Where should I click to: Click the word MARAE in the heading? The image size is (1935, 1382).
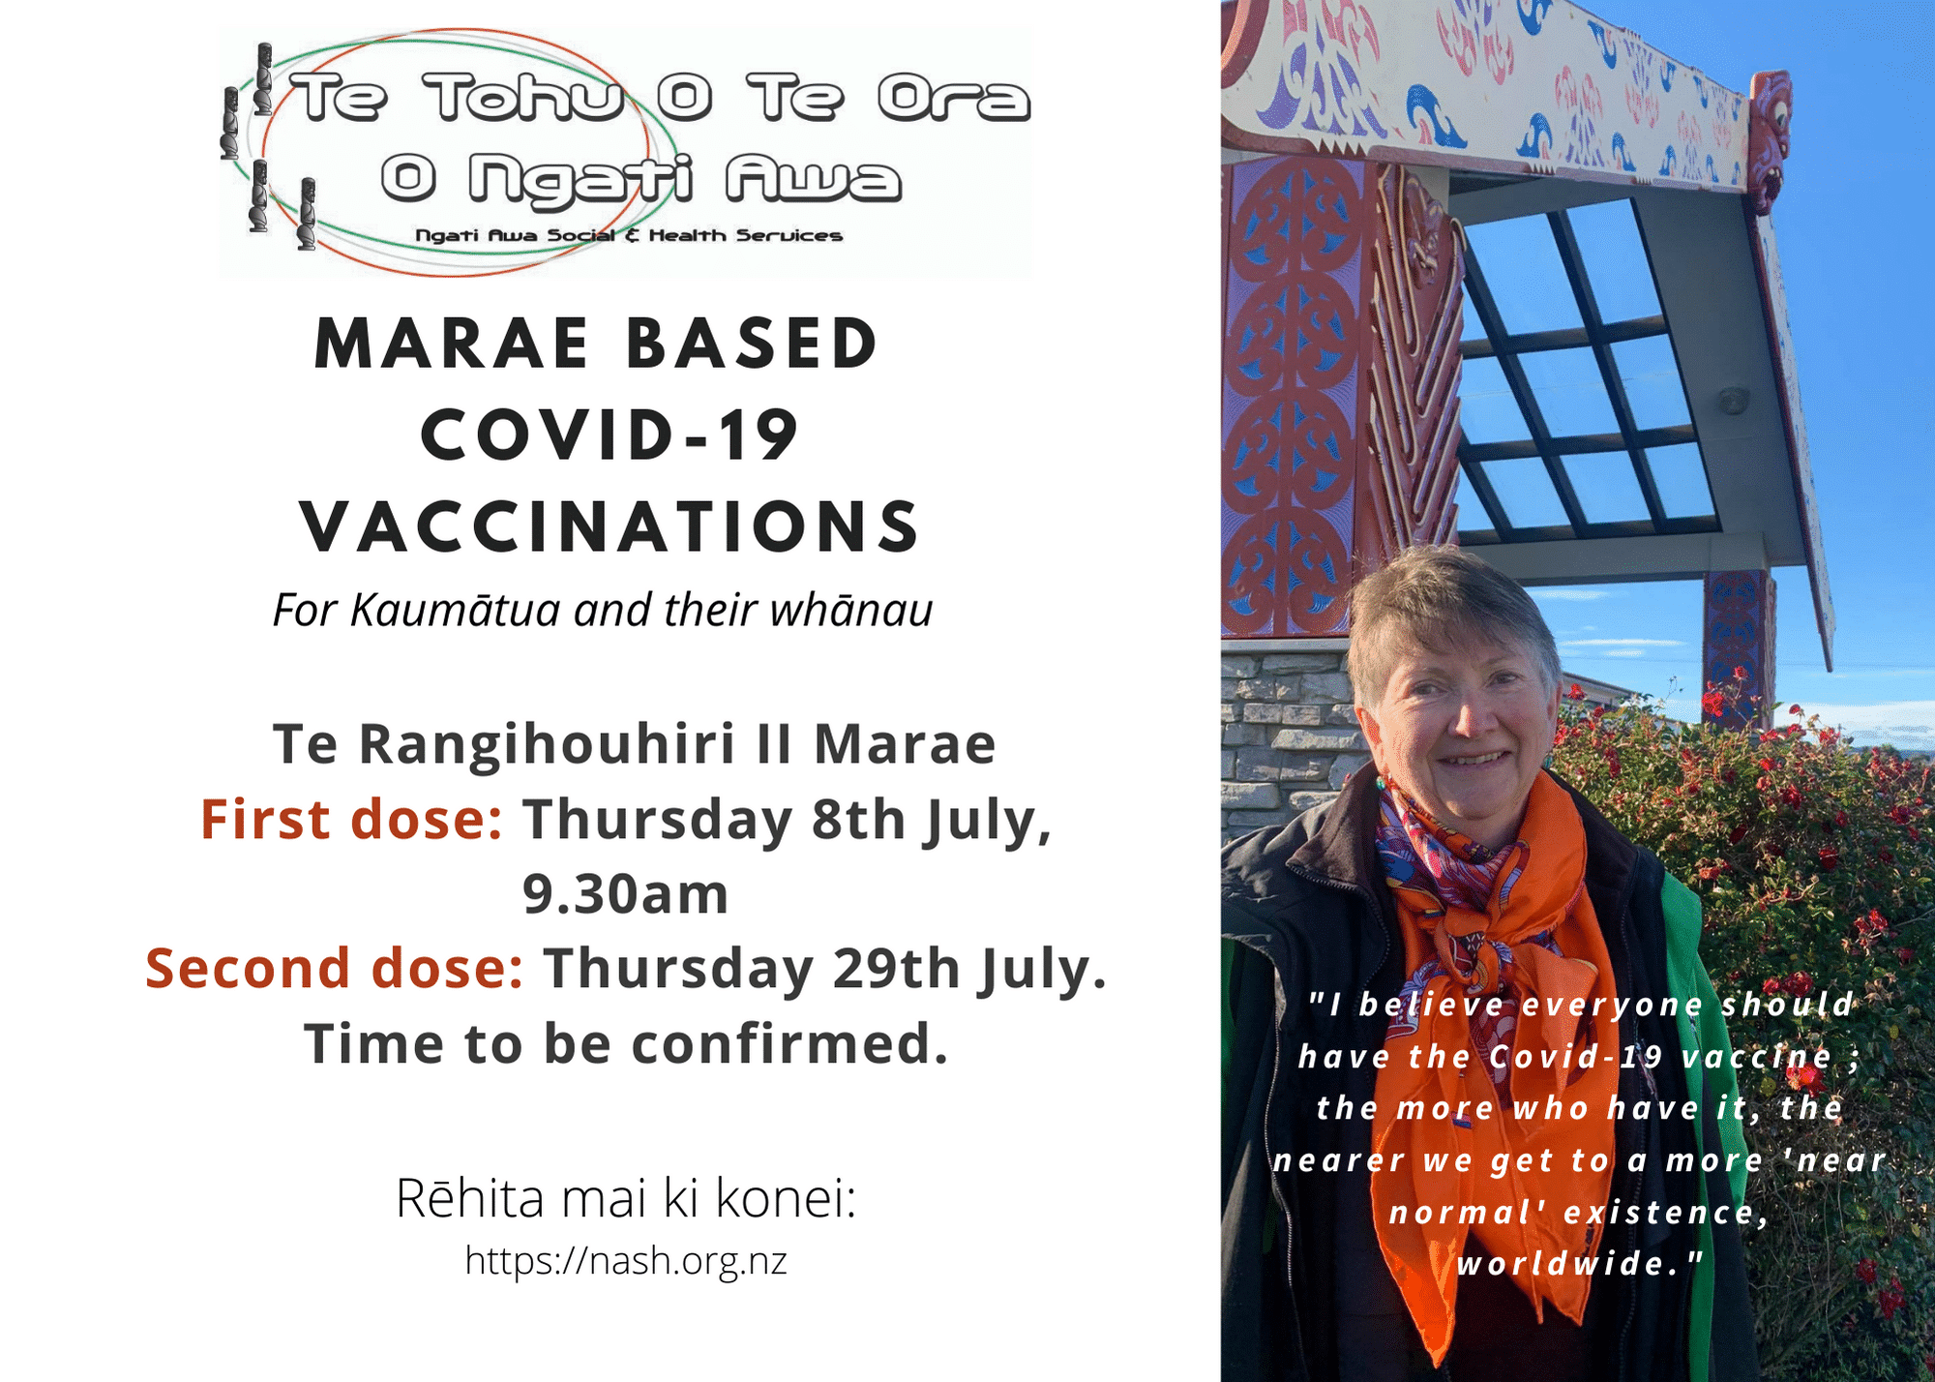[452, 344]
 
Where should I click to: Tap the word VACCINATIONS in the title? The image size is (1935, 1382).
[610, 527]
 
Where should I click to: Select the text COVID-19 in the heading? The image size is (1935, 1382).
[610, 436]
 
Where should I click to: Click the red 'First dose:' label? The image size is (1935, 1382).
[351, 820]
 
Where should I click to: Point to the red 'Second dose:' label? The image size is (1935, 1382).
[335, 969]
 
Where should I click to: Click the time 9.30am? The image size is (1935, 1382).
[626, 893]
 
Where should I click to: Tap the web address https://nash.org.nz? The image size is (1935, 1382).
[626, 1261]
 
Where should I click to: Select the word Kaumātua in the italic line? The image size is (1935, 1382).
[455, 611]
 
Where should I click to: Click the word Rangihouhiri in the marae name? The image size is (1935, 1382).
[547, 746]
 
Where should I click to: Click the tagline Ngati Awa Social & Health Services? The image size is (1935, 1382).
[629, 235]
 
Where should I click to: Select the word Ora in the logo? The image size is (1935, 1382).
[953, 99]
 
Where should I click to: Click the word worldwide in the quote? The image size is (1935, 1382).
[1580, 1264]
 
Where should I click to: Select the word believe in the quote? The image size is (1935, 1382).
[1431, 1005]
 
